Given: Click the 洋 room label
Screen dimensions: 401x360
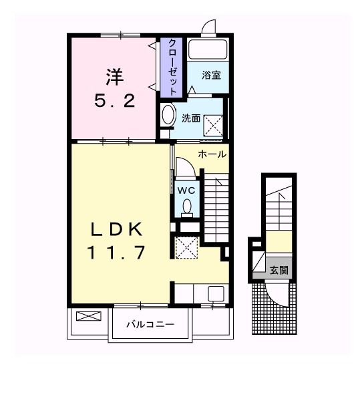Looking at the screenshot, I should [114, 77].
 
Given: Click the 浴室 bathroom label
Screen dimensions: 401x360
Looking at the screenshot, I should [212, 75].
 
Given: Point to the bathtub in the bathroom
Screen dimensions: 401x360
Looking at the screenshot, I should [208, 49].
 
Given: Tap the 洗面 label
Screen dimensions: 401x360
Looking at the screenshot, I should [191, 118].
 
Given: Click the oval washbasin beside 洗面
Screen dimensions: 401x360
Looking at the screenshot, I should [168, 114].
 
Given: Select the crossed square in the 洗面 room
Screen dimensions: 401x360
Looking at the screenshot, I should [213, 124].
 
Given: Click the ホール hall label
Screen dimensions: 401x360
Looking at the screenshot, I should [212, 154].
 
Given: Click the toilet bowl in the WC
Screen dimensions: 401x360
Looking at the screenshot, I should [188, 207].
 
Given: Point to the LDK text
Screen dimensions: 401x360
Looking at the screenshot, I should [117, 229].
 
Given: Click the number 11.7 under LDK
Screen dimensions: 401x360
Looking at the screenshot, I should [117, 253].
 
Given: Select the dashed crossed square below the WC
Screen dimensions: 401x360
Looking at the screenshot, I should [187, 247].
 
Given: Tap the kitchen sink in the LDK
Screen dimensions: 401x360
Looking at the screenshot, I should [216, 293].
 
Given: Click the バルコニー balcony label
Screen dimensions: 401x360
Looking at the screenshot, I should [151, 325].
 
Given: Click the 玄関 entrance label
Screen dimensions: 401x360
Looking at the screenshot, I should [279, 270].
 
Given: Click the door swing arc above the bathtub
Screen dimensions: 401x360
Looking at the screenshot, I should [208, 27].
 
